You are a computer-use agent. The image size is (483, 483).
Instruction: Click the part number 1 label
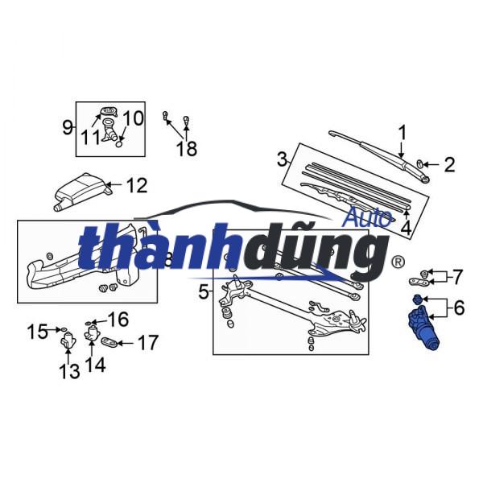[402, 131]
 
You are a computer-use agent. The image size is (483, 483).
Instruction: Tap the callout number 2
[449, 165]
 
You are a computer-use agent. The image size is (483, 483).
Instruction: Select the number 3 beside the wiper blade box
[282, 159]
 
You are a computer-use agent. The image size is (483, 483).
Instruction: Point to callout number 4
[406, 228]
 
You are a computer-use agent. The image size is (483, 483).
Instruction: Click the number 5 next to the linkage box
[204, 290]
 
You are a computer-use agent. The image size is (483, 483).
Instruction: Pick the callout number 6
[459, 307]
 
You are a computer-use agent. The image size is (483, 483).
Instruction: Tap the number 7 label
[457, 277]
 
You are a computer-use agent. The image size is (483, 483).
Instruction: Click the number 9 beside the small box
[68, 126]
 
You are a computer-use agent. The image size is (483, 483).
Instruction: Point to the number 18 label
[186, 148]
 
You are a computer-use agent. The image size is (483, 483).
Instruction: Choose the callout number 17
[147, 344]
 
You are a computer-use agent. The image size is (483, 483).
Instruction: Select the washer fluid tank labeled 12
[80, 192]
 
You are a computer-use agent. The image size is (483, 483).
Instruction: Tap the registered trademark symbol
[397, 262]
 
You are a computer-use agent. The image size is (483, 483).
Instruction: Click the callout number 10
[133, 118]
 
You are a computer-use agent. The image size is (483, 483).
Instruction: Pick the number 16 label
[118, 320]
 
